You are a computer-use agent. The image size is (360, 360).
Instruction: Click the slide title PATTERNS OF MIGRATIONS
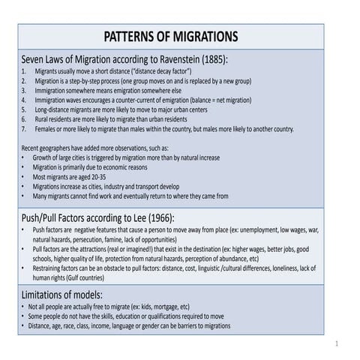click(x=170, y=37)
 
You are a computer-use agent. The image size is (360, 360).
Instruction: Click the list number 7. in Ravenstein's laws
click(x=25, y=128)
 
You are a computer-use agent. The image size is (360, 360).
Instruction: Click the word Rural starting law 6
click(x=43, y=118)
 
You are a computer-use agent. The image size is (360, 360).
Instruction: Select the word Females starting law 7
click(x=48, y=128)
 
